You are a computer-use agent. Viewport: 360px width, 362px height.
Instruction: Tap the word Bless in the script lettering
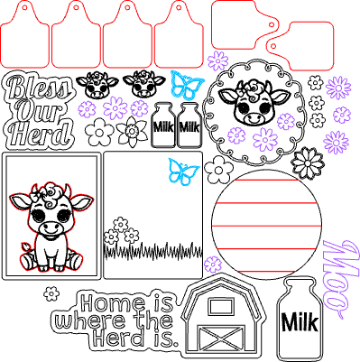(x=39, y=87)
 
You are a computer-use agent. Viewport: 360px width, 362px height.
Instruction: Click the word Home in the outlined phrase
(x=112, y=303)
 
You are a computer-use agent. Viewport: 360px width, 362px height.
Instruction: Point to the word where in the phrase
(x=90, y=320)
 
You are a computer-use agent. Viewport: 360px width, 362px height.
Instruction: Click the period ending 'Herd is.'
(x=176, y=343)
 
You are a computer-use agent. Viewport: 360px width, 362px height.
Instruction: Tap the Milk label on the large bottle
(x=300, y=322)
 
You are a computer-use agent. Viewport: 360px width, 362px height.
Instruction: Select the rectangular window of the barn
(x=221, y=307)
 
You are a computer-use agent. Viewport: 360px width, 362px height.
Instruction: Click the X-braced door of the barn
(x=221, y=339)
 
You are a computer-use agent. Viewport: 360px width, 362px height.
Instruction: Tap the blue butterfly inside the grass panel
(x=183, y=171)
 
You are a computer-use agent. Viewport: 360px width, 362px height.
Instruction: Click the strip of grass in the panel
(x=152, y=251)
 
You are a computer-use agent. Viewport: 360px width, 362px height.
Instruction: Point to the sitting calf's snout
(x=51, y=228)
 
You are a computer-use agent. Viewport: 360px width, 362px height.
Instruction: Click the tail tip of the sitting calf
(x=25, y=247)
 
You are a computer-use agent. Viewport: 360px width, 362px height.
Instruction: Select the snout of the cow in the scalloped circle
(x=252, y=118)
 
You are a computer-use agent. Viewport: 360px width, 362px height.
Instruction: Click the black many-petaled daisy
(x=308, y=162)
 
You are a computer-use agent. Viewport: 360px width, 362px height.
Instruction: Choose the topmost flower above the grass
(x=121, y=224)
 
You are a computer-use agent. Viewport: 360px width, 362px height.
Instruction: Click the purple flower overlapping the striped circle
(x=213, y=265)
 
